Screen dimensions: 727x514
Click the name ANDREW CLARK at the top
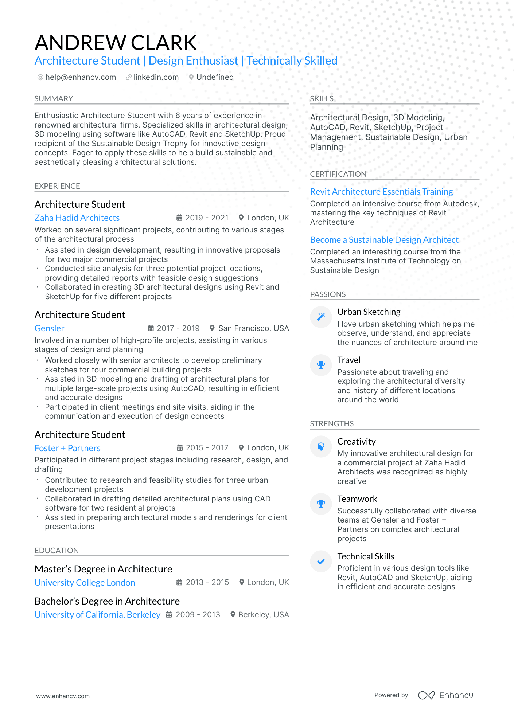point(116,43)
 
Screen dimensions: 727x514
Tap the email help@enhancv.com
point(80,77)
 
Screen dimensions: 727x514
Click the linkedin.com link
point(156,77)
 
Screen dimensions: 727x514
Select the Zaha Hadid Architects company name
point(77,218)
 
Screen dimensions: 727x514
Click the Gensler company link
point(49,328)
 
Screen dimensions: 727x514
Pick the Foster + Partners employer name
point(67,448)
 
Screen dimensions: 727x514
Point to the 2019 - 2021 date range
point(207,218)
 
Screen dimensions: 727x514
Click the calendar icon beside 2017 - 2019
point(151,328)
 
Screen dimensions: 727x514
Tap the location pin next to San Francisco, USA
point(212,328)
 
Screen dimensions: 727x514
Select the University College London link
point(85,583)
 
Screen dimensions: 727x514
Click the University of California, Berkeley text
point(97,615)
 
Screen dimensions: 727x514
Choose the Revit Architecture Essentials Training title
point(381,192)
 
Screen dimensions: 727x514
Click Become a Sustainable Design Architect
point(384,240)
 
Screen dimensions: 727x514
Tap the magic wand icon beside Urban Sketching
point(321,317)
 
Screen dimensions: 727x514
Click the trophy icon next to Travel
point(321,365)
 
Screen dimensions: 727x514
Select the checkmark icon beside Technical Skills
point(321,561)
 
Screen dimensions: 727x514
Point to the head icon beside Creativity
point(321,446)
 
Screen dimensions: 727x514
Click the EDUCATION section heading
point(57,551)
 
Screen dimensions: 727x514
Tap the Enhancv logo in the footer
point(445,695)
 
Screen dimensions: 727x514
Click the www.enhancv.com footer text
point(63,696)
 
